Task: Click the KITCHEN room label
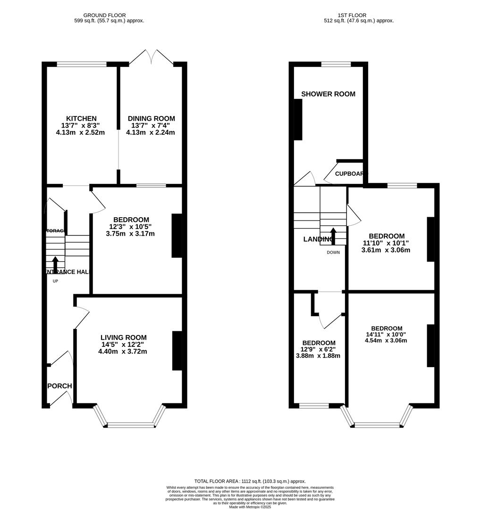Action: pos(81,118)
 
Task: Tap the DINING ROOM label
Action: pos(151,118)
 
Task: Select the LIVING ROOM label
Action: pos(123,337)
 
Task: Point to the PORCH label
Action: pos(60,386)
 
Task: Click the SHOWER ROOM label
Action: pos(328,94)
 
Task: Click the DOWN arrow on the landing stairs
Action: pos(333,236)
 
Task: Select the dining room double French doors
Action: pos(151,57)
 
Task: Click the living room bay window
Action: pos(131,425)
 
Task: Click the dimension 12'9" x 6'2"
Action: pos(319,349)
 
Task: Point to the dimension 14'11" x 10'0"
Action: pos(386,334)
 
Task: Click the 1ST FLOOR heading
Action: pos(359,15)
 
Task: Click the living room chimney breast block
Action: pos(177,351)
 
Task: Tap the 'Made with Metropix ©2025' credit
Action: pos(250,507)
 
